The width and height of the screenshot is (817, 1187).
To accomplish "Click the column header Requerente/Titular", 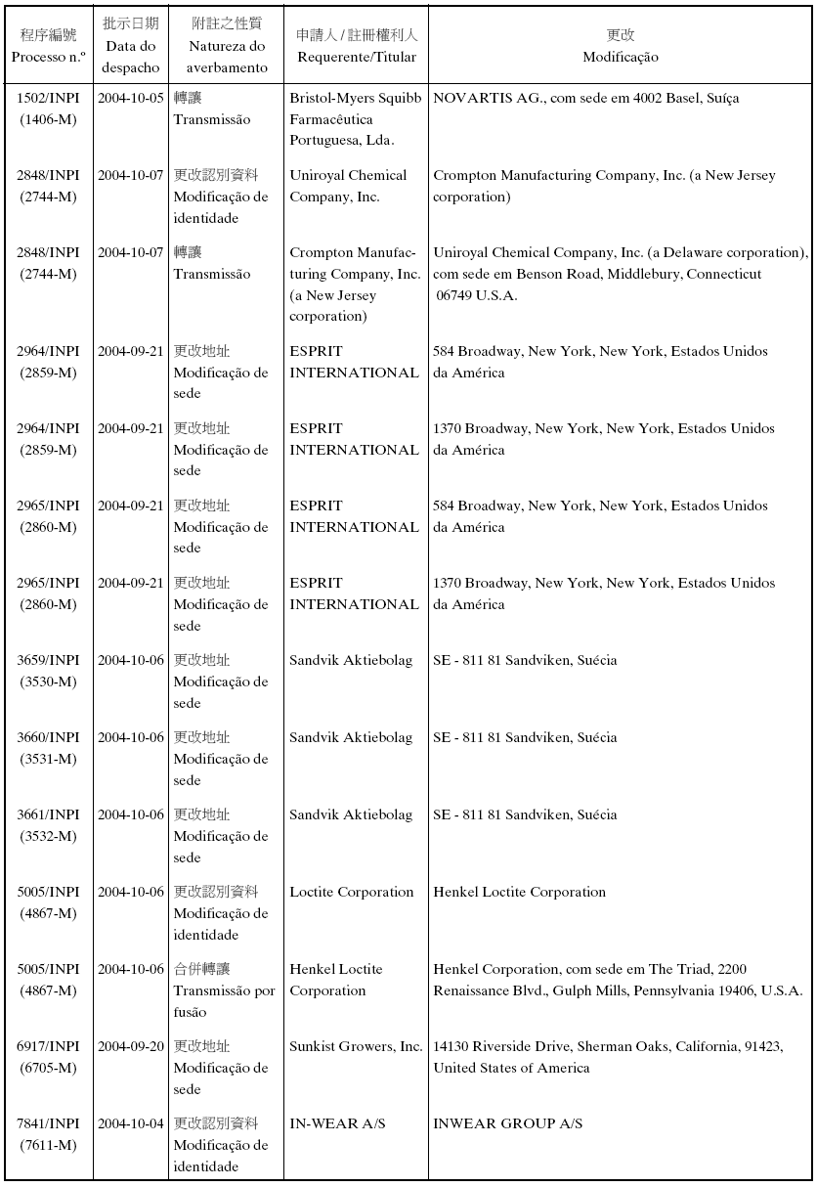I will [x=357, y=57].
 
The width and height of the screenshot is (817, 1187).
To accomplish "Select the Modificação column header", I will [x=621, y=57].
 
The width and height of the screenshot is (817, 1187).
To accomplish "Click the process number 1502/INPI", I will [x=48, y=99].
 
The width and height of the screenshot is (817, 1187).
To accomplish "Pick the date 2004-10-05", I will [x=130, y=99].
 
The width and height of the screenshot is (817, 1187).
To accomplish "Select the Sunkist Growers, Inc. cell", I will [x=356, y=1047].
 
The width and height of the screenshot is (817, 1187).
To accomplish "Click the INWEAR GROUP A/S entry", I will [x=507, y=1124].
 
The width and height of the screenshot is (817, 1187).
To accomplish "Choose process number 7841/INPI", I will [x=48, y=1124].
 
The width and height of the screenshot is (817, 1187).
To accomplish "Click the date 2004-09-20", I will [x=130, y=1047].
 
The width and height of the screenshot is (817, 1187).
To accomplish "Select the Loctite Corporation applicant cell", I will [x=351, y=893].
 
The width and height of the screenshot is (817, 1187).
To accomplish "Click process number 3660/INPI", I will [x=48, y=738].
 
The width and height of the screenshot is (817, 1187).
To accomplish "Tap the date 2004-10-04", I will [x=130, y=1124].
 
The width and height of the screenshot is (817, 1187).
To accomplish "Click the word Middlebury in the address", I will [x=644, y=275].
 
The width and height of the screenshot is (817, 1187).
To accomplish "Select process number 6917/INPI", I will [x=48, y=1047].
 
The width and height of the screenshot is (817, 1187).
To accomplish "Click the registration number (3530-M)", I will [x=48, y=681].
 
